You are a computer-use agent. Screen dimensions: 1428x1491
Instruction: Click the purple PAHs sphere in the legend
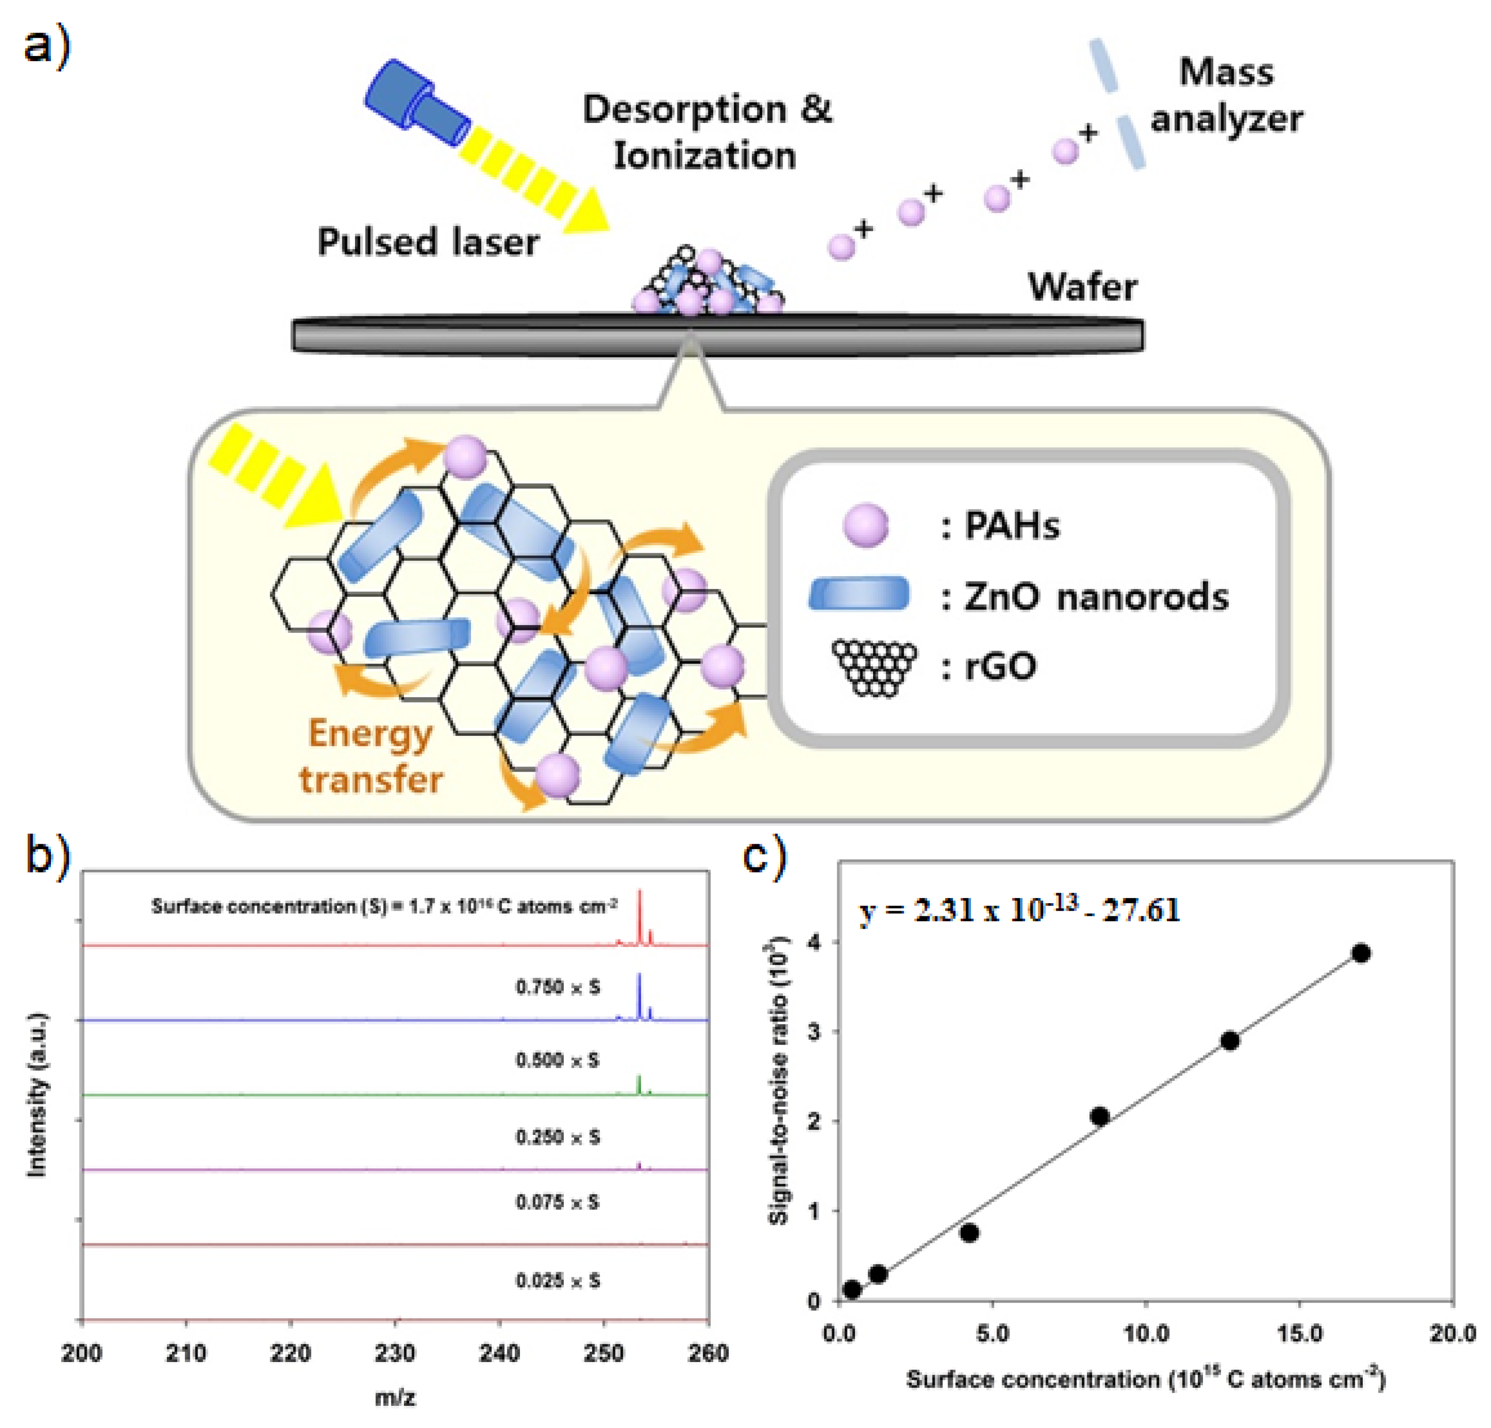[x=865, y=525]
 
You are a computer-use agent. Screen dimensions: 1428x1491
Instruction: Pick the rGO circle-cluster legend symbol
[x=874, y=667]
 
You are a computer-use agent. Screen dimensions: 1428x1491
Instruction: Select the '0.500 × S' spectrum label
[x=558, y=1060]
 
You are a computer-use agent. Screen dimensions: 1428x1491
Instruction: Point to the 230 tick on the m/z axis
[x=395, y=1354]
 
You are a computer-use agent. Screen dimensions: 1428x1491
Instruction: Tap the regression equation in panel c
[x=1019, y=910]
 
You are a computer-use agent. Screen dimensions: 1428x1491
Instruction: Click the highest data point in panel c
[x=1361, y=954]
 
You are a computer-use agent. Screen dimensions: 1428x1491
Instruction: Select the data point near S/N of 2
[x=1099, y=1116]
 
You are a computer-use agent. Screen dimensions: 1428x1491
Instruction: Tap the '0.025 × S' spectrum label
[x=558, y=1281]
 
